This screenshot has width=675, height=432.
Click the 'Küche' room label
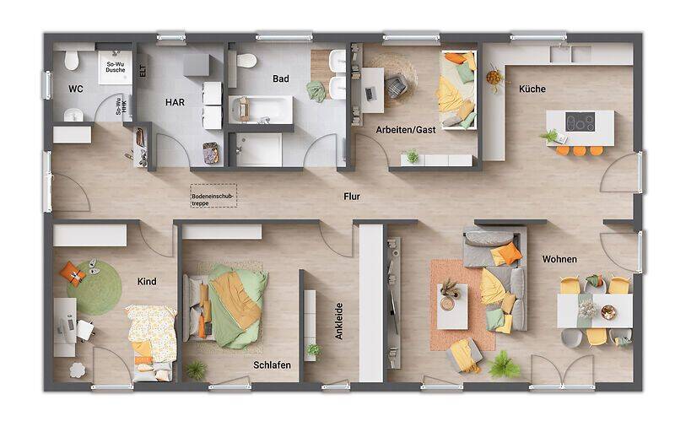pos(532,89)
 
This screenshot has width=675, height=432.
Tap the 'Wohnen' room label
pos(559,259)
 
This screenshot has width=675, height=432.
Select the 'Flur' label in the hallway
pos(352,197)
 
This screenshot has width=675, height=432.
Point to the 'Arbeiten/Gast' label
pos(405,130)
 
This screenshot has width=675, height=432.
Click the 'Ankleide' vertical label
pos(339,321)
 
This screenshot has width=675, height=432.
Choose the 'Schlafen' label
pos(272,364)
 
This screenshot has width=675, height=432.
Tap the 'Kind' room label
pos(147,282)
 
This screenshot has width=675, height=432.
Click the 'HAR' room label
pos(175,102)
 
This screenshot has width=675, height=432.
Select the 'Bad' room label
pos(281,79)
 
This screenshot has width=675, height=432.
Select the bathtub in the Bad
pos(261,108)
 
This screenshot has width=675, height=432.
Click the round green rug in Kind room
pos(94,288)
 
